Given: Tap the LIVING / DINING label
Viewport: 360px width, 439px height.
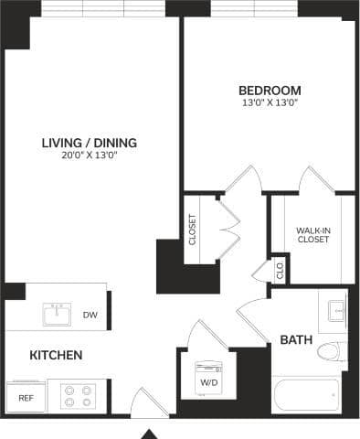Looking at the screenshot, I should pyautogui.click(x=90, y=142).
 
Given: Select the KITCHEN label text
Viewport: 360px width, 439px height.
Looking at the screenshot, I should pyautogui.click(x=57, y=355).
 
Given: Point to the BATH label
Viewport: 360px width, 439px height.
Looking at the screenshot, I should pyautogui.click(x=296, y=339).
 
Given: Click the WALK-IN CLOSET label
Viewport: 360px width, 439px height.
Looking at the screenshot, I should pyautogui.click(x=312, y=235).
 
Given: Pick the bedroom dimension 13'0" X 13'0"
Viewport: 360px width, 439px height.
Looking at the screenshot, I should pyautogui.click(x=270, y=102).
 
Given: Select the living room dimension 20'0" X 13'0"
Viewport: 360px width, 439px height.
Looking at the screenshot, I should pyautogui.click(x=90, y=155).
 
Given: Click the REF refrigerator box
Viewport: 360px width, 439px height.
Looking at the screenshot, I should pyautogui.click(x=26, y=398).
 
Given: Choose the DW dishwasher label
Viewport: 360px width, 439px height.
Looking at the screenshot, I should pyautogui.click(x=90, y=316).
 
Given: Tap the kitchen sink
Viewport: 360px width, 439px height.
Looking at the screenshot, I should pyautogui.click(x=57, y=315).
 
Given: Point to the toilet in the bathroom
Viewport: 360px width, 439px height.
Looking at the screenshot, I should pyautogui.click(x=338, y=352).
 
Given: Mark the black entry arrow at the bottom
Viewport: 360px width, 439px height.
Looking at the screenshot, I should pyautogui.click(x=151, y=433).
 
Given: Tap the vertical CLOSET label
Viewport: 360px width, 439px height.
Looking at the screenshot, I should pyautogui.click(x=192, y=230).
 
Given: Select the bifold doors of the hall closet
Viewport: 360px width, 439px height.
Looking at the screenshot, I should pyautogui.click(x=228, y=223).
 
